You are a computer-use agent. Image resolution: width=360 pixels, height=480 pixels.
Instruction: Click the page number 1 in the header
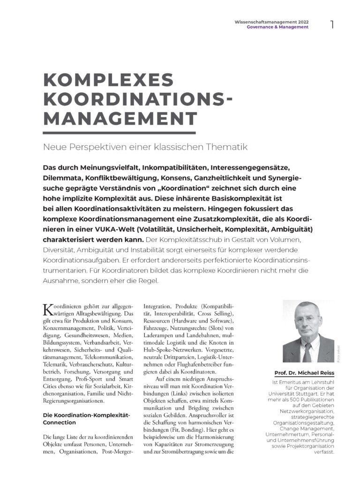click(332, 24)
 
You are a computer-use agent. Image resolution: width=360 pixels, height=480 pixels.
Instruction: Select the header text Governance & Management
click(277, 27)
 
